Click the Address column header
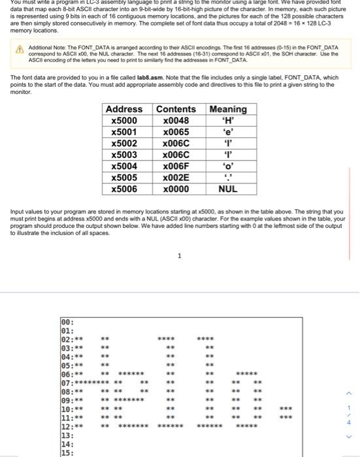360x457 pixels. point(124,109)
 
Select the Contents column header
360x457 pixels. point(176,109)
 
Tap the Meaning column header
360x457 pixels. point(227,109)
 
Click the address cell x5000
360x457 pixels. point(124,120)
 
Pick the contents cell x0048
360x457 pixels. point(176,120)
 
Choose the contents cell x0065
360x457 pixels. point(176,132)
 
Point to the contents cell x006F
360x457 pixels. point(176,166)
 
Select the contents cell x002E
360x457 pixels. point(176,178)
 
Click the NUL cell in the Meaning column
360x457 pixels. point(227,189)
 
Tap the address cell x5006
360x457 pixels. point(124,189)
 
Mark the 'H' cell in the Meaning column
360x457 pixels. point(227,120)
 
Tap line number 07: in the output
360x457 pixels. point(66,382)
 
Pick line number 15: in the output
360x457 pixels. point(66,452)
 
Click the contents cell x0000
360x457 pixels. point(176,189)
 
